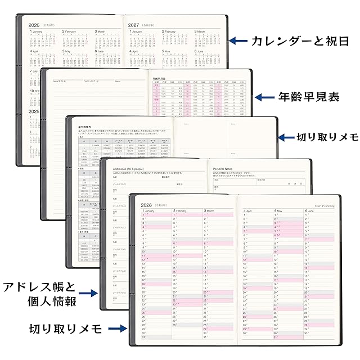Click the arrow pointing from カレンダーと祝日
(x=238, y=40)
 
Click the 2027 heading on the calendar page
(x=134, y=25)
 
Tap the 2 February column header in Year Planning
(x=183, y=211)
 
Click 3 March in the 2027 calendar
(x=202, y=31)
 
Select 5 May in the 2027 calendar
(x=169, y=51)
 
